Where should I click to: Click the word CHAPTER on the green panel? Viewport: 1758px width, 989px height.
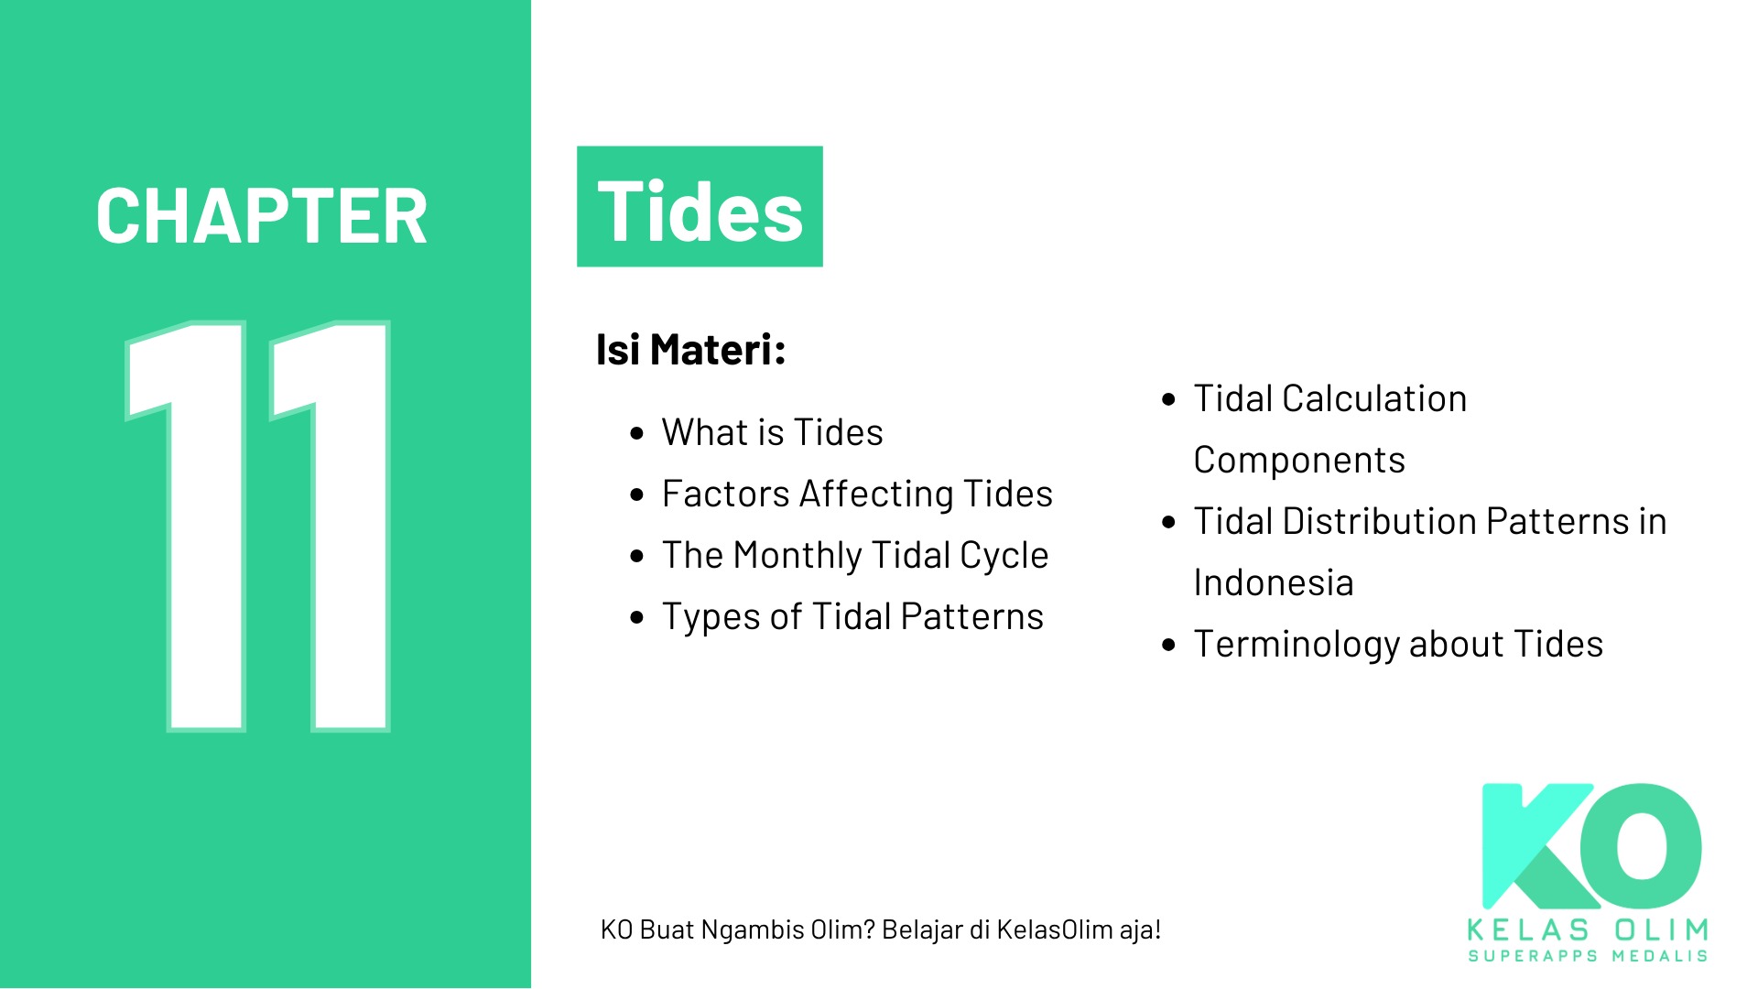tap(262, 217)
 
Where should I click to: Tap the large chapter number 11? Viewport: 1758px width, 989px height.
tap(258, 526)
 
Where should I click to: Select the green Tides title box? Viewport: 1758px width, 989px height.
tap(700, 207)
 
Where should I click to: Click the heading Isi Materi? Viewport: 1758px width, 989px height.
tap(691, 350)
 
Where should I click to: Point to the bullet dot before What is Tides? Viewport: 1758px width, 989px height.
tap(637, 434)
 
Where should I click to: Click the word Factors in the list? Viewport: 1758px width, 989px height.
tap(726, 494)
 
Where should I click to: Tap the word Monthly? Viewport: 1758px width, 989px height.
tap(798, 557)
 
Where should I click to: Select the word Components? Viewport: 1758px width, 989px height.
tap(1299, 461)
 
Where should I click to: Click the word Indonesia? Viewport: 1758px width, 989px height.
tap(1274, 582)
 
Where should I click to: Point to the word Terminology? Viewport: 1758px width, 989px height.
tap(1297, 646)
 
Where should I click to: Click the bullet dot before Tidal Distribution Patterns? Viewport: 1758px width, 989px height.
tap(1168, 523)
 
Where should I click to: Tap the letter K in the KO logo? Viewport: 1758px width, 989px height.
tap(1538, 846)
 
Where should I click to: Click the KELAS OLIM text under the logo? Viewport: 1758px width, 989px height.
tap(1588, 930)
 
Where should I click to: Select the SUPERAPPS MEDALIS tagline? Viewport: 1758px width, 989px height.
tap(1588, 956)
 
